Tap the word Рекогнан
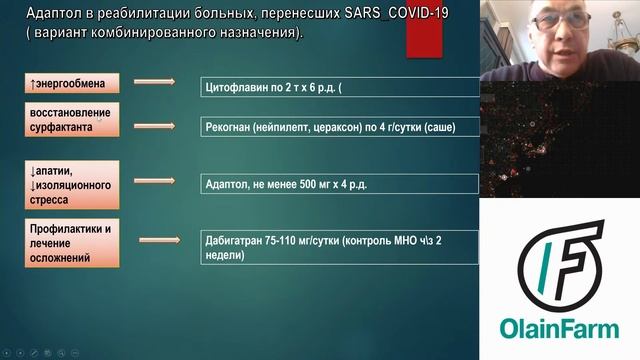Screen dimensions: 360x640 [229, 127]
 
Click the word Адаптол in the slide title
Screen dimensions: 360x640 [50, 13]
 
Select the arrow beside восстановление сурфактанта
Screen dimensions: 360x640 [154, 125]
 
